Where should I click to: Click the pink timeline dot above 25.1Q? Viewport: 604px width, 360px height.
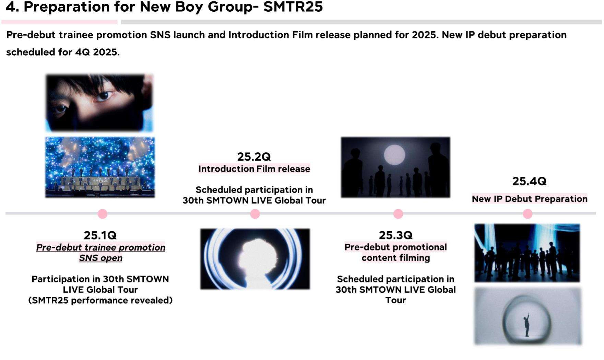[103, 214]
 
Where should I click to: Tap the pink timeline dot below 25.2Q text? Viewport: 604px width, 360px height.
[255, 214]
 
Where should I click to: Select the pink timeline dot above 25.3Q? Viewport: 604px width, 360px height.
[398, 214]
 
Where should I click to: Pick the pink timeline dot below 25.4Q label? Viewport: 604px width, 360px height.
[528, 214]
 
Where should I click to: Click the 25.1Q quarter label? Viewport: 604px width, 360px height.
[100, 235]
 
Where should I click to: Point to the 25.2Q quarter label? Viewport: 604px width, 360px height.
[254, 157]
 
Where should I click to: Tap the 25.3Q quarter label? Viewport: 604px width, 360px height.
[395, 235]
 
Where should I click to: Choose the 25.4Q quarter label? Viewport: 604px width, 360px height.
[529, 181]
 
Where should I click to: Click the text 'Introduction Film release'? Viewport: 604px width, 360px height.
[254, 169]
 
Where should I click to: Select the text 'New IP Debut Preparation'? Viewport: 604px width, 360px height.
[530, 199]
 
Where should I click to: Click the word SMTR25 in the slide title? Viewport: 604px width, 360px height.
[293, 7]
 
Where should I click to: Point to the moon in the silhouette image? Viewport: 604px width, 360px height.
[394, 155]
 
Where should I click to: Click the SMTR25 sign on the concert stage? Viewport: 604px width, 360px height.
[100, 181]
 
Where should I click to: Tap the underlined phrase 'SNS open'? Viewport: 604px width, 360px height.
[100, 258]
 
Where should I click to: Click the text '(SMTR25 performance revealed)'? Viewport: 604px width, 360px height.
[100, 300]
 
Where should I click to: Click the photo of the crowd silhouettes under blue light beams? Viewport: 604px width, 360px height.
[527, 253]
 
